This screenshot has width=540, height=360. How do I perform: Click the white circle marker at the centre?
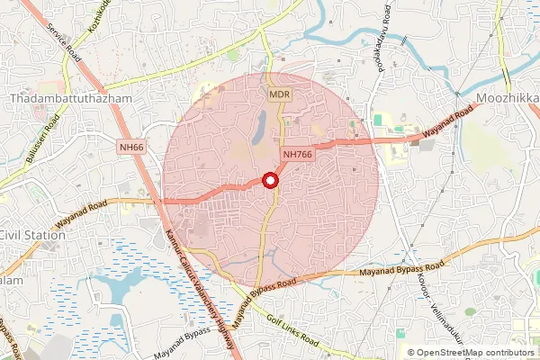pos(270,181)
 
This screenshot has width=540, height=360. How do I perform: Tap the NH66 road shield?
pos(131,147)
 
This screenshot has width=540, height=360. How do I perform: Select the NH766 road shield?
pos(298,154)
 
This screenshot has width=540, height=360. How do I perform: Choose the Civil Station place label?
pos(32,235)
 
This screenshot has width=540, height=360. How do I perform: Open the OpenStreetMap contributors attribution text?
pos(470,353)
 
